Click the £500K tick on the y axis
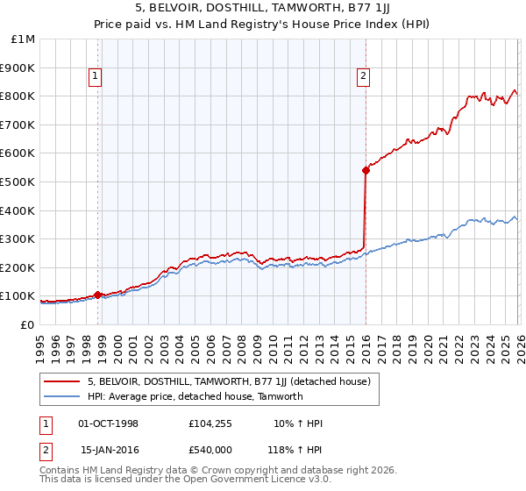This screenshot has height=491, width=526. pos(18,181)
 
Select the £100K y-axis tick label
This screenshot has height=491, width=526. pos(18,296)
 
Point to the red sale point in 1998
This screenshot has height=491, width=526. pos(97,295)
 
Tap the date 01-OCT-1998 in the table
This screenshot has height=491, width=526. pos(109,424)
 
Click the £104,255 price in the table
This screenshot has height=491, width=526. pos(211,424)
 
